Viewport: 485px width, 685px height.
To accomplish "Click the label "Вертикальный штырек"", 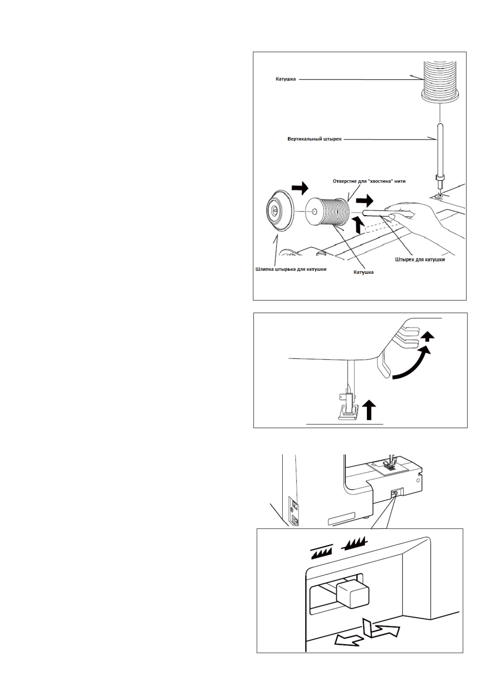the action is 314,139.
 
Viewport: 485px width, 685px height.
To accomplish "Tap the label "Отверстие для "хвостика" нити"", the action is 369,181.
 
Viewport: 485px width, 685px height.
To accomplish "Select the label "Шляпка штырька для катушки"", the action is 290,269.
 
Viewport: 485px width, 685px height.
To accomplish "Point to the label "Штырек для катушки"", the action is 419,259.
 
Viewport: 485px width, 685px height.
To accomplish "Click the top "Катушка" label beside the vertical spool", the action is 285,79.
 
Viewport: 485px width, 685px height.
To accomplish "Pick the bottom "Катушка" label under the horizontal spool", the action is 363,272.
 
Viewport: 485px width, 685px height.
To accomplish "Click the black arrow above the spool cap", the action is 300,188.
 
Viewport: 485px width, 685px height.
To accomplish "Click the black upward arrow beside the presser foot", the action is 369,409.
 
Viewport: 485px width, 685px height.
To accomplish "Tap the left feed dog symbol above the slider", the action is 322,552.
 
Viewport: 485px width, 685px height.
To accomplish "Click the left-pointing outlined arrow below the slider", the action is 348,641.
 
